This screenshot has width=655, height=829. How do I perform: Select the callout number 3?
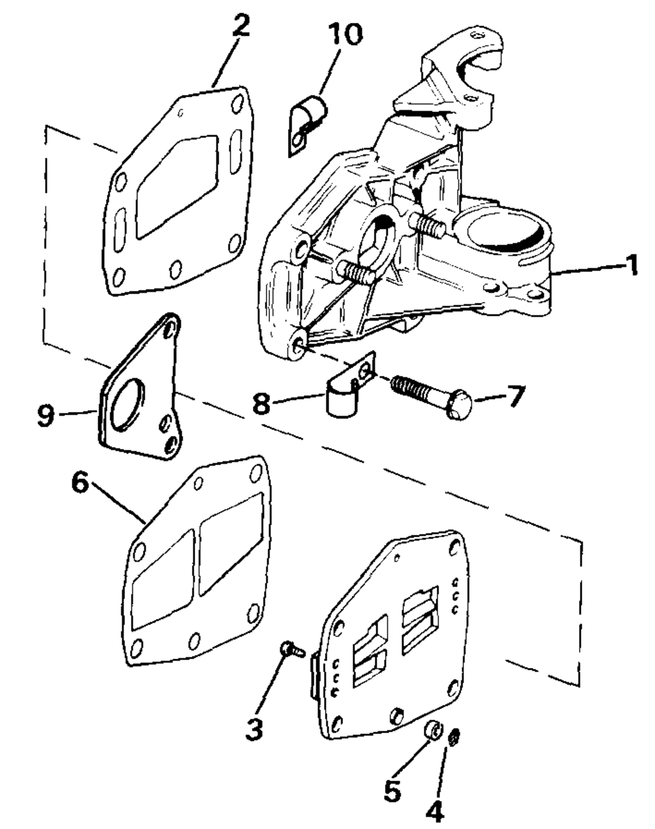(255, 729)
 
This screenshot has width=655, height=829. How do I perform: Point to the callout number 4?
(434, 813)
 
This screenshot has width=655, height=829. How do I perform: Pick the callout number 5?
(392, 791)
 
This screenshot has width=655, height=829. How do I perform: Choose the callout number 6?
(80, 486)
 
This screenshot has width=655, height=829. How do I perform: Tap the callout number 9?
(45, 415)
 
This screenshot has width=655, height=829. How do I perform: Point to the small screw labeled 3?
(292, 650)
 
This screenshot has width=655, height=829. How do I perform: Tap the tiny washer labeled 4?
(453, 739)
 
